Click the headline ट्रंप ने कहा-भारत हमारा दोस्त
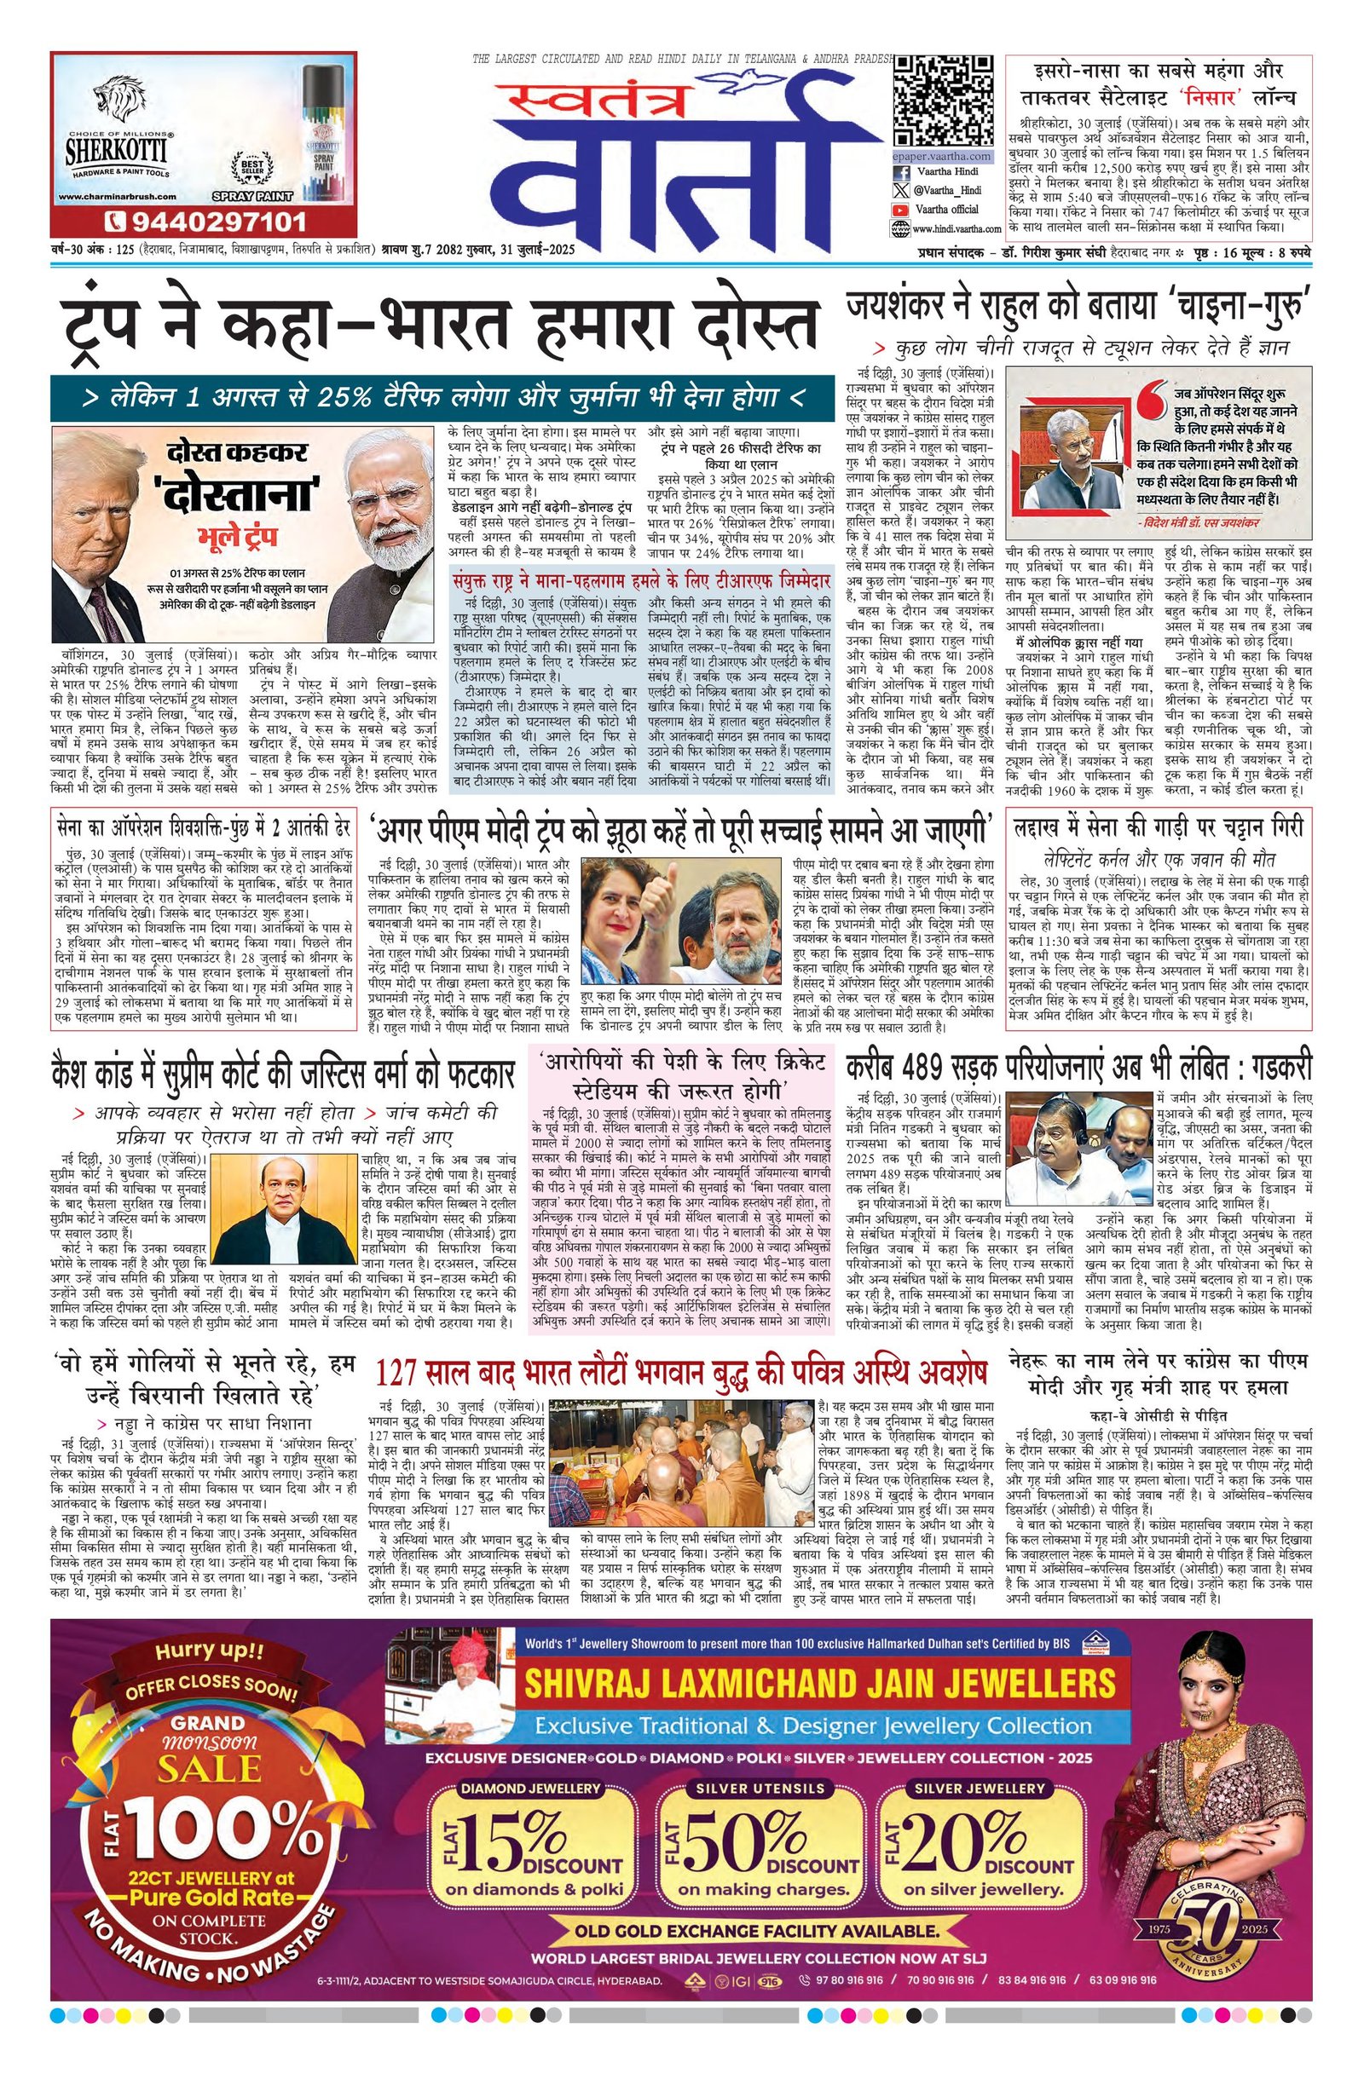tap(440, 329)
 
